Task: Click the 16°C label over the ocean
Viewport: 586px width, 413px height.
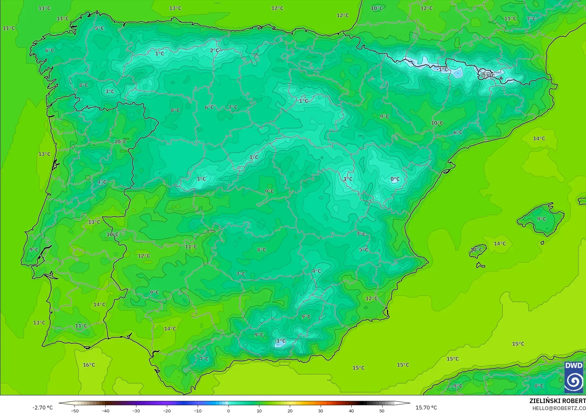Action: pos(89,365)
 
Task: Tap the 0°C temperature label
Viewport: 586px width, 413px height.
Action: pos(395,179)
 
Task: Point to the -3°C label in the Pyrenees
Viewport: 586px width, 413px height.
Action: pos(489,76)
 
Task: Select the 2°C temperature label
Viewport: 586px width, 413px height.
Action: pos(215,50)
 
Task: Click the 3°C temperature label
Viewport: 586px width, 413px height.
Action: pos(110,91)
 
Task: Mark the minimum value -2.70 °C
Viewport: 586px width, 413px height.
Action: pos(42,408)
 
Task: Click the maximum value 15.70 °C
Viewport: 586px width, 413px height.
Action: pos(426,408)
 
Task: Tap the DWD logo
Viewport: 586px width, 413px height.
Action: pos(574,377)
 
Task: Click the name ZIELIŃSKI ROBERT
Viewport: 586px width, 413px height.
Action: pos(557,401)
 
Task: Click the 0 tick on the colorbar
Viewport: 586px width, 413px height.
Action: pos(228,411)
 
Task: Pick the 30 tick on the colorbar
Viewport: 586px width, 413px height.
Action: pos(321,411)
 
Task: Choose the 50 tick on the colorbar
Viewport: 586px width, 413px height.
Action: pos(382,411)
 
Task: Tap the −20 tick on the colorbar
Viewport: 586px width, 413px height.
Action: pos(167,411)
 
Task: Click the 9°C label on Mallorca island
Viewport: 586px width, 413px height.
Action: pos(541,219)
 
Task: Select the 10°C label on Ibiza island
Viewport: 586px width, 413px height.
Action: pos(476,250)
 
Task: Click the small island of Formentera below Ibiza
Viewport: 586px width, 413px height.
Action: pos(480,265)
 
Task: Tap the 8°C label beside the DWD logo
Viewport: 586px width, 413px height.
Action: pos(539,386)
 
